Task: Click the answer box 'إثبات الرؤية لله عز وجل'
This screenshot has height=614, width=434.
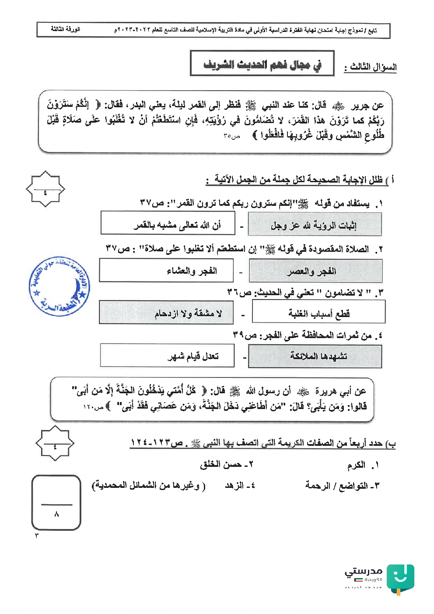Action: tap(315, 225)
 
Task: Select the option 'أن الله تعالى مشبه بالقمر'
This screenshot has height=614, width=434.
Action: tap(168, 223)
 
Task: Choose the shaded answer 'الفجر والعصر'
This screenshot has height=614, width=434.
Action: tap(315, 271)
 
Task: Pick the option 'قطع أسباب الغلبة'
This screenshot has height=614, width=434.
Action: tap(318, 312)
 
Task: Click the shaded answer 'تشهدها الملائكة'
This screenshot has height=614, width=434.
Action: tap(315, 356)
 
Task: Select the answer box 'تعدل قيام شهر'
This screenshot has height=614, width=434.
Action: tap(167, 355)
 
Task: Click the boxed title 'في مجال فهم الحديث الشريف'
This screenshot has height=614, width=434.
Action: tap(262, 64)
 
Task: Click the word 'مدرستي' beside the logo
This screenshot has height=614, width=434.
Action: tap(364, 571)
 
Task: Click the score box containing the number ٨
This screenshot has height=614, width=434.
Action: tap(56, 502)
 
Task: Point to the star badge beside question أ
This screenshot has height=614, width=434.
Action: tap(45, 189)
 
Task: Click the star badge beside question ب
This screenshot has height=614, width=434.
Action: tap(55, 443)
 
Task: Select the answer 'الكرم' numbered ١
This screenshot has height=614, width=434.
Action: tap(357, 465)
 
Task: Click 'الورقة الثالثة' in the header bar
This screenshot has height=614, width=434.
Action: tap(66, 29)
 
